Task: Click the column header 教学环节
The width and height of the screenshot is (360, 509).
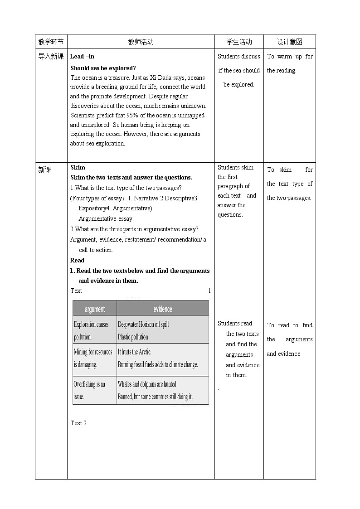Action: coord(51,42)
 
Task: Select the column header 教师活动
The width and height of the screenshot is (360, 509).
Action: coord(141,42)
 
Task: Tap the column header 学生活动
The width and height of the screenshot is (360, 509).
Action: coord(239,42)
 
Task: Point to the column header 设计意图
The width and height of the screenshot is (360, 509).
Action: coord(289,42)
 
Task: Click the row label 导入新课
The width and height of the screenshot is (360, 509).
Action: coord(51,57)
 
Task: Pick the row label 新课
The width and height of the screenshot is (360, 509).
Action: coord(45,170)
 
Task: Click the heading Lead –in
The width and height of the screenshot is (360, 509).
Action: coord(82,57)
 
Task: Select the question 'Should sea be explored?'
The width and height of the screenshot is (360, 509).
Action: coord(103,68)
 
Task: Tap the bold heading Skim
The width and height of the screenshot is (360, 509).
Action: coord(78,167)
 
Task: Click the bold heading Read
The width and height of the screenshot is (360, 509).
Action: coord(77,260)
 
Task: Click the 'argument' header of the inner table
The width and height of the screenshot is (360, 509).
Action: coord(95,309)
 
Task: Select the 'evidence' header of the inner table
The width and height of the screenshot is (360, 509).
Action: coord(162,309)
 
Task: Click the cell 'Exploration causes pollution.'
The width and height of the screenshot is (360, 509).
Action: coord(92,330)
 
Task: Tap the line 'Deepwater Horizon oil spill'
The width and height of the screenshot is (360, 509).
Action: coord(143,325)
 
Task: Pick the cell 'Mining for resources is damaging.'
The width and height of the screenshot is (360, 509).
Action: coord(93,358)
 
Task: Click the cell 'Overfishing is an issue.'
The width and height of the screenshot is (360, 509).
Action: coord(89,390)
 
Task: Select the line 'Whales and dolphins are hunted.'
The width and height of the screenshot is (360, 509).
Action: coord(147,384)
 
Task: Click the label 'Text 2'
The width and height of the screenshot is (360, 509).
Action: coord(78,423)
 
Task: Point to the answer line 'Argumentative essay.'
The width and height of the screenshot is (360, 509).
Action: coord(106,218)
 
